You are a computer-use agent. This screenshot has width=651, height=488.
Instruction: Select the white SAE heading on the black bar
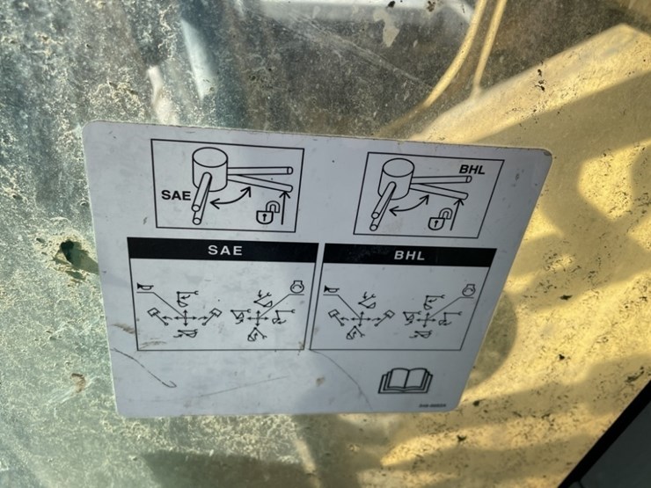225,250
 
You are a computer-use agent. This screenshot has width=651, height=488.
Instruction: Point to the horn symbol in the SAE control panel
145,285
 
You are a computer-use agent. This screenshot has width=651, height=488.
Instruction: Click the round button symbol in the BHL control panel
470,289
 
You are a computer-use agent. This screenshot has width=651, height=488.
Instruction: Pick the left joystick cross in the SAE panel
184,316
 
